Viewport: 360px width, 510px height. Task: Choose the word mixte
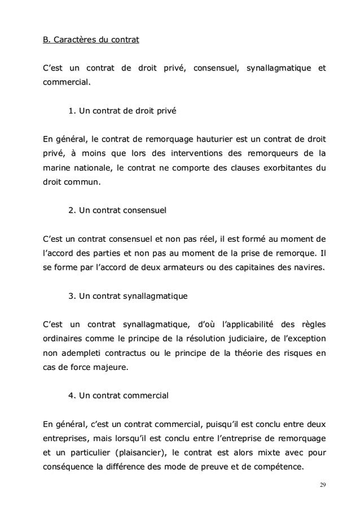251,452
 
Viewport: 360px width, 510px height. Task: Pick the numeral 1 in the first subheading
71,111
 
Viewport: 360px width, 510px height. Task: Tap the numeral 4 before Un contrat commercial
71,396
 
